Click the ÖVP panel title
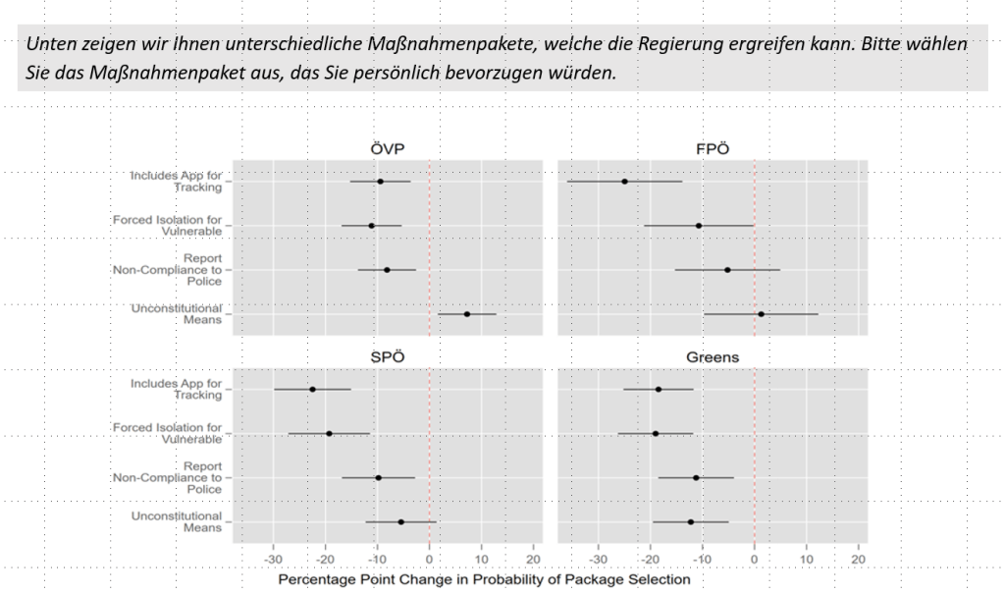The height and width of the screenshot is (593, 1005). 388,148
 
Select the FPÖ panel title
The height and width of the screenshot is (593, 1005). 713,148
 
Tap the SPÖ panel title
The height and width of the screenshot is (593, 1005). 388,356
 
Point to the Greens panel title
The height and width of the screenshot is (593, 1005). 713,356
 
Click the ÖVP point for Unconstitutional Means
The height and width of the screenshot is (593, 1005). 466,314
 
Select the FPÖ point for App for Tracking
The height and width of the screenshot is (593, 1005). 624,182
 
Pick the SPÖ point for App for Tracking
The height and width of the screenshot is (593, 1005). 312,390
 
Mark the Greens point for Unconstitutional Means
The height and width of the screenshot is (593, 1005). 691,522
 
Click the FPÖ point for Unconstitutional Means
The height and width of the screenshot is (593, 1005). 761,314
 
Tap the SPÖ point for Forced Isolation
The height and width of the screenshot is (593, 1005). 329,433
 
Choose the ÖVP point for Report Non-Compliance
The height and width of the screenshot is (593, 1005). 387,270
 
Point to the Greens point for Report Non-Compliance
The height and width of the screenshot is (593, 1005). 696,478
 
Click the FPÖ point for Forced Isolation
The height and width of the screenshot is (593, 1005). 698,226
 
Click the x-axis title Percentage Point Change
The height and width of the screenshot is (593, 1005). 484,579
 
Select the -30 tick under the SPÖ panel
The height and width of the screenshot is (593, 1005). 273,560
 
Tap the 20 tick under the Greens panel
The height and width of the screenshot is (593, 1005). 859,560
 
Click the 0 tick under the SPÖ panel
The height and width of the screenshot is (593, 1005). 430,560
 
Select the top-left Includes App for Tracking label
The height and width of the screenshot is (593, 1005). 176,182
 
